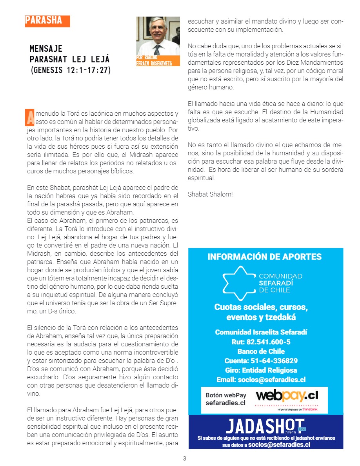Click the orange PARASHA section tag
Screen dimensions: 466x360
tap(47, 21)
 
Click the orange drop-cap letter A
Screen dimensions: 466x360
tap(29, 116)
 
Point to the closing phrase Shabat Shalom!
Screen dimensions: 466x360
tap(210, 194)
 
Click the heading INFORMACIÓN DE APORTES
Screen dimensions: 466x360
tap(264, 257)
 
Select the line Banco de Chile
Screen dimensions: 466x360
tap(261, 351)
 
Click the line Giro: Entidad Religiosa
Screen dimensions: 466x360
tap(261, 370)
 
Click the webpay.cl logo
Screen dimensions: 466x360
tap(287, 395)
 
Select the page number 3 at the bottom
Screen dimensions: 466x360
tap(185, 458)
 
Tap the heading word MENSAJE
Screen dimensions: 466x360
tap(46, 49)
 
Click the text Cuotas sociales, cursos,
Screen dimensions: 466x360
tap(261, 307)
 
